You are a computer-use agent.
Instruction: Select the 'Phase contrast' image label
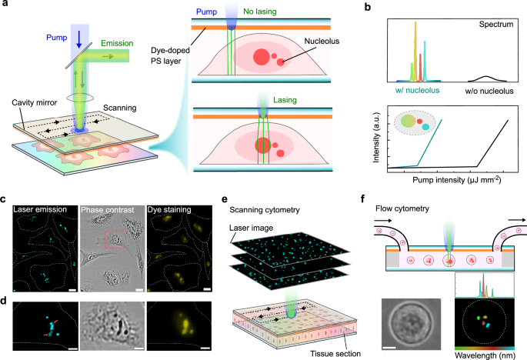click(x=111, y=208)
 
